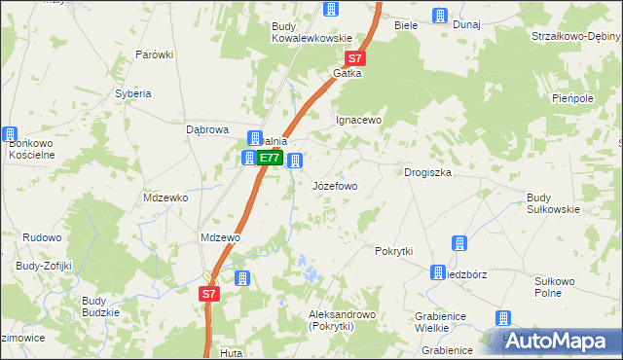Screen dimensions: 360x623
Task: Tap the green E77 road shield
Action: (271, 158)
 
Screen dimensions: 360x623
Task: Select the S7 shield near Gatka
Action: (357, 58)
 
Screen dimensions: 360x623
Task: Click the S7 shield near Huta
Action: (209, 293)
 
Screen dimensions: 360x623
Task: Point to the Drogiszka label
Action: (427, 172)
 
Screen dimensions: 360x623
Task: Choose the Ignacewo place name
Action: (359, 121)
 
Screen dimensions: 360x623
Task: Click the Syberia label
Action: (133, 93)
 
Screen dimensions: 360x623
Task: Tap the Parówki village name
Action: (154, 54)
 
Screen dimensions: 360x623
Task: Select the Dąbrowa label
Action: (206, 128)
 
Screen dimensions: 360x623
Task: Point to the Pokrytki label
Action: (394, 250)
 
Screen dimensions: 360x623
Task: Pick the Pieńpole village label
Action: (572, 99)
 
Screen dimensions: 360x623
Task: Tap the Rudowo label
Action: (42, 236)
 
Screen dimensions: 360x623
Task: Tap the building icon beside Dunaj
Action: (439, 15)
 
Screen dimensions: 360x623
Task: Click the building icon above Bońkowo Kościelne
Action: (10, 134)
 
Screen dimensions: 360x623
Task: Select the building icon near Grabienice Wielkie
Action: (502, 317)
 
